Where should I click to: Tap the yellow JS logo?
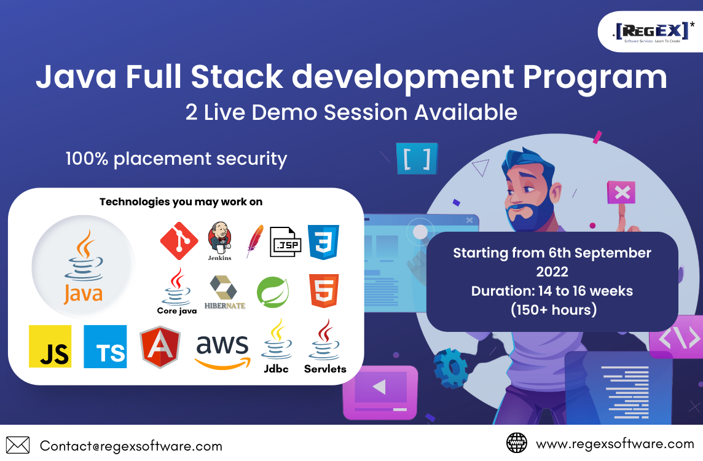point(50,346)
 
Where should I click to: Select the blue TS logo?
point(105,346)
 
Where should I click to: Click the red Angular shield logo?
point(160,347)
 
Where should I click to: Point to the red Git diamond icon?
point(179,241)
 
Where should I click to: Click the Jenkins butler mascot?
point(220,237)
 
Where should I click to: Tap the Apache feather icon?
point(254,242)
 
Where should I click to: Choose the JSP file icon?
point(286,242)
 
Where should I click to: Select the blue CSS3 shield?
point(323,242)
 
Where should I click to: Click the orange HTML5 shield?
point(324,291)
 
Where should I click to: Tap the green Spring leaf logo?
point(273,292)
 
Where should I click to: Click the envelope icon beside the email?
point(18,445)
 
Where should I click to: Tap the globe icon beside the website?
point(516,443)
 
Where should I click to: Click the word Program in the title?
point(595,77)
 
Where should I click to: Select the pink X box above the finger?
point(621,193)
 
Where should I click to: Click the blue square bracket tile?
point(417,159)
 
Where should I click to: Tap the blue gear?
point(451,368)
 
